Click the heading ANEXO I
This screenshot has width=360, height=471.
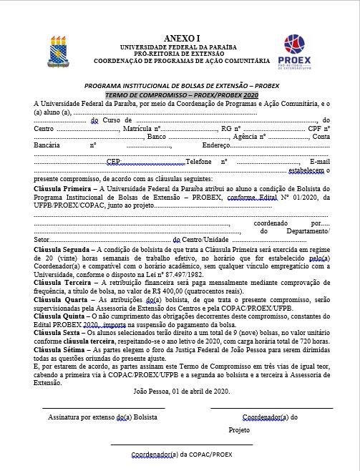coord(180,37)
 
